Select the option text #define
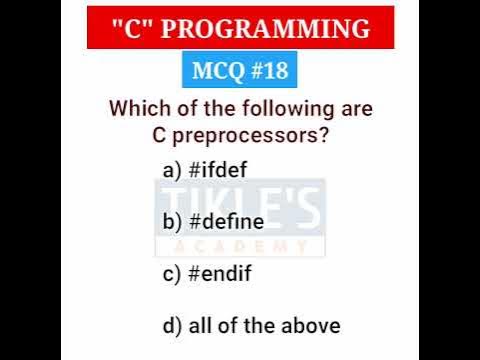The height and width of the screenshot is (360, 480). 225,222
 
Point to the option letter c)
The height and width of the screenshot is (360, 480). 171,273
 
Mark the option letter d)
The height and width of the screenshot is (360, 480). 171,325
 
